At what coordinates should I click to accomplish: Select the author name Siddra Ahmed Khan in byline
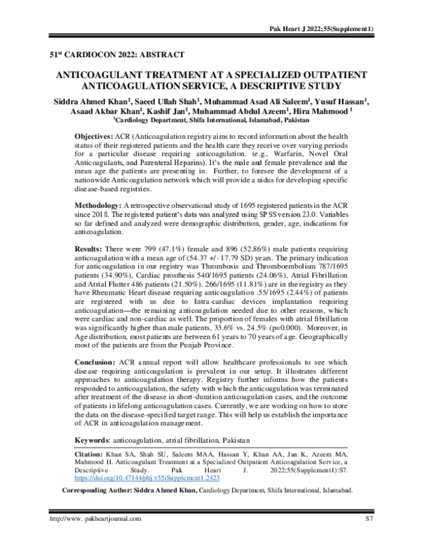tap(78, 101)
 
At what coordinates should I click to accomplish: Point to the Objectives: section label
tap(98, 134)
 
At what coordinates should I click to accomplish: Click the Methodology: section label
tap(102, 202)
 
